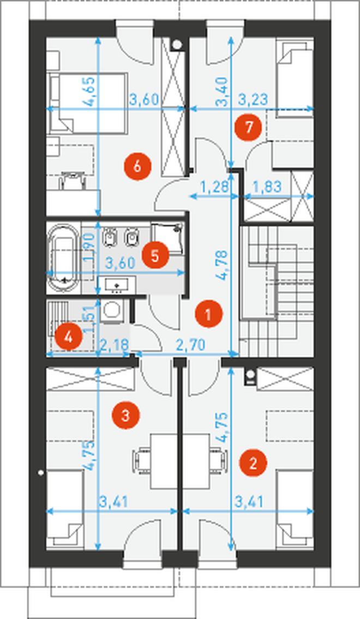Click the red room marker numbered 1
point(209,314)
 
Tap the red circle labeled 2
point(253,462)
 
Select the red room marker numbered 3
point(125,415)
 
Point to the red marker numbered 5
point(155,255)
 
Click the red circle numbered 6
point(137,166)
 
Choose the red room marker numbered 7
point(248,128)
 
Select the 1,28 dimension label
point(215,186)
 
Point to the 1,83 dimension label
point(267,186)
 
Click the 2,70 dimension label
point(190,345)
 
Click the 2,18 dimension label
point(115,345)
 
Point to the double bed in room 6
point(88,103)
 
